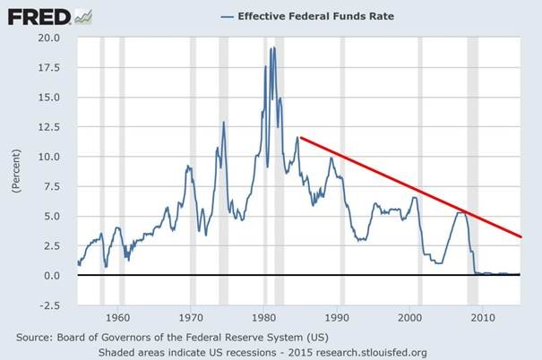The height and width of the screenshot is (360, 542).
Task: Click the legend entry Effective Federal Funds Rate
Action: coord(316,16)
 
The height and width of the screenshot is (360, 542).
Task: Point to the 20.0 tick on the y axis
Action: coord(48,39)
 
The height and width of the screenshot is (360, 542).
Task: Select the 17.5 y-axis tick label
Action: coord(48,68)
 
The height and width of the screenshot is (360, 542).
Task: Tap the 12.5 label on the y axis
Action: coord(48,127)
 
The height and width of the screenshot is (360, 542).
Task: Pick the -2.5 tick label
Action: coord(48,304)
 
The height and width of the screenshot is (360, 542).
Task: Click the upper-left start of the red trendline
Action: coord(300,137)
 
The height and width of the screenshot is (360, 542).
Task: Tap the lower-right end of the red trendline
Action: coord(520,237)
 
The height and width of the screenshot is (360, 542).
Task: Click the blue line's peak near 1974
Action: coord(223,123)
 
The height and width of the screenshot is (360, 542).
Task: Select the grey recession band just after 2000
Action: coord(420,170)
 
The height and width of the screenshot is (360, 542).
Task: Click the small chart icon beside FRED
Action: coord(83,15)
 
